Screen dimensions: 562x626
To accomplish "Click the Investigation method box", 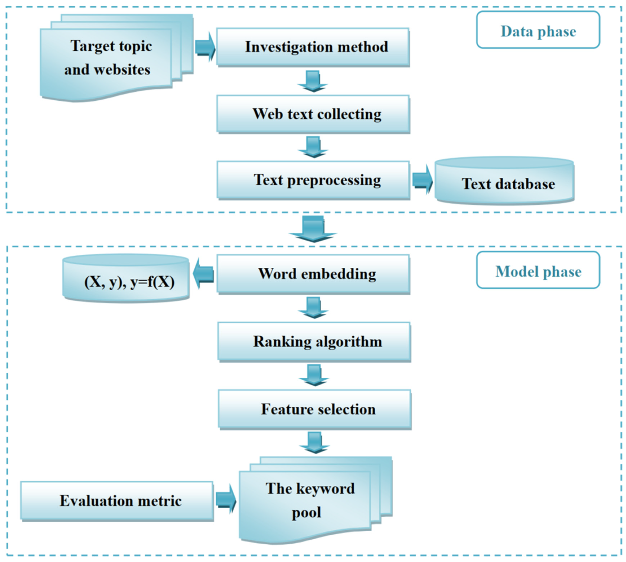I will [313, 47].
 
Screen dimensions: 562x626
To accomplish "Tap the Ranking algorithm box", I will [314, 341].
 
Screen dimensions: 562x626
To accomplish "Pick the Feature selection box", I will [315, 409].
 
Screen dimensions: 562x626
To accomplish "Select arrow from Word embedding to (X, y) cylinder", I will [203, 274].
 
